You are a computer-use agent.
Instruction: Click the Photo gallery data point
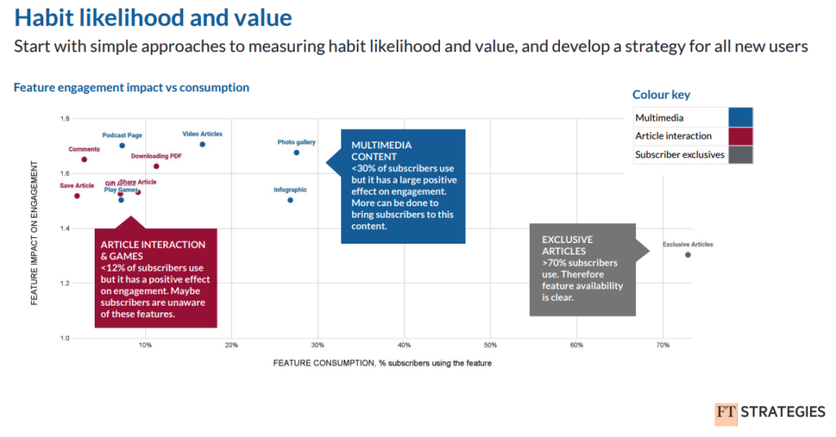click(296, 152)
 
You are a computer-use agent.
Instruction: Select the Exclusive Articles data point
click(687, 255)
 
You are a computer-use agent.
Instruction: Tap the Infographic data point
click(290, 200)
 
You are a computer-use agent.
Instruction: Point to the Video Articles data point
click(202, 144)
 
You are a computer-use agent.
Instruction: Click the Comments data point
click(84, 160)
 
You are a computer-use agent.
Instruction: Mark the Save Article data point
click(77, 196)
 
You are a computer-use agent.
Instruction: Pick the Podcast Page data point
click(122, 146)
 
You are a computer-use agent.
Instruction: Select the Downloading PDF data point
click(156, 166)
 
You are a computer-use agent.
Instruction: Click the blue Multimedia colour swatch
click(741, 117)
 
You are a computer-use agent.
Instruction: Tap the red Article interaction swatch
click(741, 136)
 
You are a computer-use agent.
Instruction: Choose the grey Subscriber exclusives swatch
click(741, 154)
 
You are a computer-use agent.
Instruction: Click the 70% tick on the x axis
click(663, 347)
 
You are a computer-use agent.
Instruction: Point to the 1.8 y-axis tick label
click(64, 119)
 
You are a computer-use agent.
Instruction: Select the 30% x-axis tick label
click(318, 347)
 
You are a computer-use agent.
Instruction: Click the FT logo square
click(726, 413)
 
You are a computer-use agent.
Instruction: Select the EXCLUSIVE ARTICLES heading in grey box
click(567, 245)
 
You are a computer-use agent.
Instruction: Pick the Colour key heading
click(661, 95)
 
